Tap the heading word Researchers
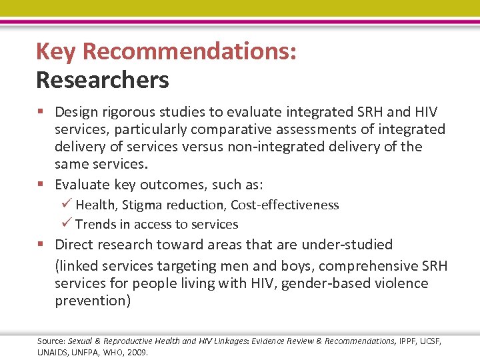click(103, 80)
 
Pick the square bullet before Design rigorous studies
click(42, 112)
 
